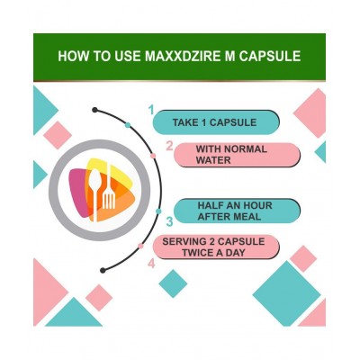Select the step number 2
(x=168, y=145)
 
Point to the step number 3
(x=168, y=220)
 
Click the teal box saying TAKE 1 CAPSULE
(x=215, y=121)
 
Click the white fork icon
(x=109, y=190)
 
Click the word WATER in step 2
(x=214, y=160)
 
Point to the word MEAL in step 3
(x=256, y=217)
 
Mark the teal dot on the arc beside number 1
(x=129, y=124)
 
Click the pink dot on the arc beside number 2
(x=153, y=155)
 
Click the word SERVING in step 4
(x=184, y=240)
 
